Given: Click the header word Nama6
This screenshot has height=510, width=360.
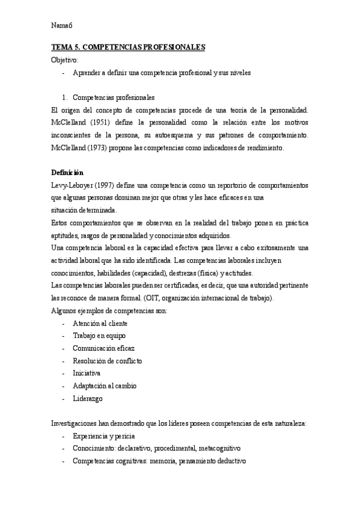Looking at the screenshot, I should coord(62,25).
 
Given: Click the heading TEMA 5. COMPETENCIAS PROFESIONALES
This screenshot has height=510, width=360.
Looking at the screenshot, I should coord(129,47).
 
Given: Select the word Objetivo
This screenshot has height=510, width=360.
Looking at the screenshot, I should coord(65,60).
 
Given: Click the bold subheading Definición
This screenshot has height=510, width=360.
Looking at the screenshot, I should coord(67,173).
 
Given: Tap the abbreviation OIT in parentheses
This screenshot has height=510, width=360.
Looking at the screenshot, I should coord(201,298).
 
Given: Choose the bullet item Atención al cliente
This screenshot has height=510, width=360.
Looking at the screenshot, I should coord(100,323).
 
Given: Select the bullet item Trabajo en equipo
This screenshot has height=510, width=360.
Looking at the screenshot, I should coord(99,336).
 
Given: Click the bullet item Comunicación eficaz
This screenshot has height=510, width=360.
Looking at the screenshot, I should coord(103,348).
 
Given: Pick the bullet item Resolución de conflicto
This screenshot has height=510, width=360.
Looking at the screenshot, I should coord(107,361).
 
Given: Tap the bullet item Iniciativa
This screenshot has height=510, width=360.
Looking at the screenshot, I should coord(87,373).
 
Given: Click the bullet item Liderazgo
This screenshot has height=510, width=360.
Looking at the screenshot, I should coord(88,398).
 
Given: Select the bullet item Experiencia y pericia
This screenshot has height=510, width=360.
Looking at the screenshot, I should coord(103,435).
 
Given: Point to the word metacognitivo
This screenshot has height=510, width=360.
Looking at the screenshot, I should coord(219,448).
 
